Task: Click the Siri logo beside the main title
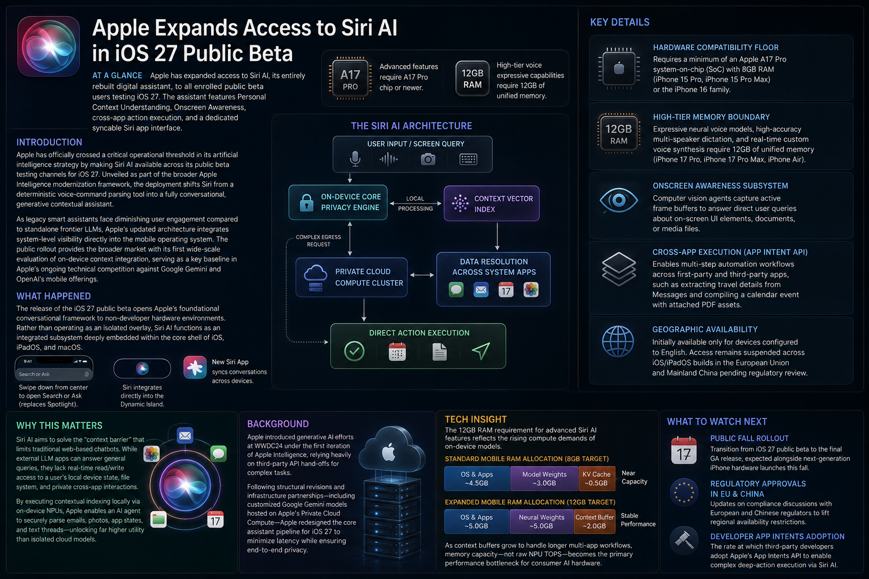(x=49, y=46)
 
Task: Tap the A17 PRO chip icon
(x=350, y=79)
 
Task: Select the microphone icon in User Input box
(x=355, y=159)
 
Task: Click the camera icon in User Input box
(x=428, y=159)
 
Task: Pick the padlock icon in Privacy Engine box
(x=307, y=202)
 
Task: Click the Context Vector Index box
(x=492, y=204)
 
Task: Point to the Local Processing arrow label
(x=415, y=204)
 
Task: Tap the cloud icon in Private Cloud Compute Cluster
(x=315, y=273)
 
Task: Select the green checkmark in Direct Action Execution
(x=354, y=351)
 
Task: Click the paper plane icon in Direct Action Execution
(x=481, y=351)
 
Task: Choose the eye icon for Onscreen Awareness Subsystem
(x=618, y=200)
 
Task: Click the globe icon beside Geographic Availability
(x=618, y=342)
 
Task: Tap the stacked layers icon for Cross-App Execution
(x=619, y=269)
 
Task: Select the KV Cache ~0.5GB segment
(x=597, y=478)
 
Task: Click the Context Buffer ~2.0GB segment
(x=595, y=521)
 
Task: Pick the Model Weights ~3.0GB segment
(x=544, y=478)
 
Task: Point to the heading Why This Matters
(x=59, y=425)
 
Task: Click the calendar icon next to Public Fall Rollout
(x=683, y=450)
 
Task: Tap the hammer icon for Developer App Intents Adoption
(x=684, y=539)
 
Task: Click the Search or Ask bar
(x=54, y=374)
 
